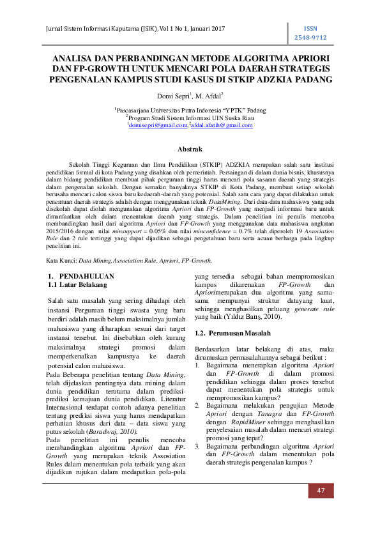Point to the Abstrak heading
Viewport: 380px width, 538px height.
(x=190, y=148)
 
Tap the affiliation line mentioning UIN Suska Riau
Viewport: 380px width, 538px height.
(x=190, y=118)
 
